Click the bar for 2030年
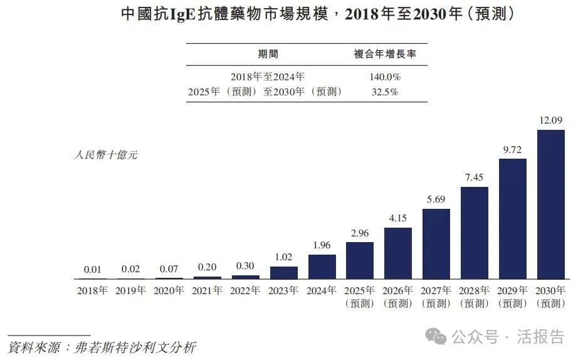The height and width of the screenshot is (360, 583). coord(550,204)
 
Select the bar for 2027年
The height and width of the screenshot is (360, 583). coord(436,244)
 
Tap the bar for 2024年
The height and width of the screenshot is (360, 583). coord(322,267)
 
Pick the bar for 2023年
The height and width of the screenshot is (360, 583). coord(284,273)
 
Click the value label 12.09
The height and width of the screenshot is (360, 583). coord(551,120)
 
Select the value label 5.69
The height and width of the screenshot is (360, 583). coord(436,199)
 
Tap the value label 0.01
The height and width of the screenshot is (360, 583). coord(93,269)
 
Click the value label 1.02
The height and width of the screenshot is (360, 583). coord(284,257)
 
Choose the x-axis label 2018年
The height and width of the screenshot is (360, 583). coord(93,291)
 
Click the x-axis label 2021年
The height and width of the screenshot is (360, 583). coord(207,291)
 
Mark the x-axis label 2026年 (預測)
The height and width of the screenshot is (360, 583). coord(398,297)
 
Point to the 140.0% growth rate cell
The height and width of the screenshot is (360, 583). coord(386,77)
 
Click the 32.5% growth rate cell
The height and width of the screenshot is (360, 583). coord(386,92)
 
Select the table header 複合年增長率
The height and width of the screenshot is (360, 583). coord(386,54)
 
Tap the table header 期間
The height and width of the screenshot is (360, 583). coord(268,54)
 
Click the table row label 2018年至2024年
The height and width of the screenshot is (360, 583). coord(268,77)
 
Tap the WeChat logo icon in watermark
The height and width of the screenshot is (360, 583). coord(436,337)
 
